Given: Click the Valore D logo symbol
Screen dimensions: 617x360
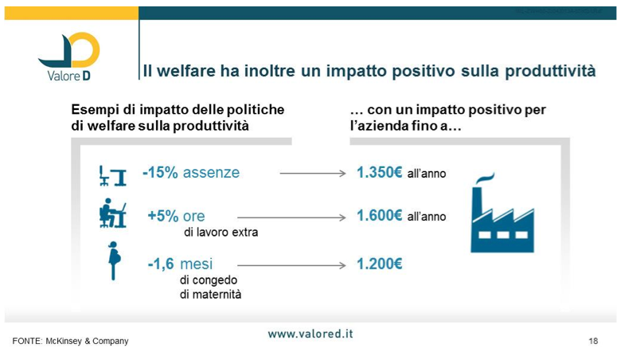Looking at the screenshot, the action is pos(69,49).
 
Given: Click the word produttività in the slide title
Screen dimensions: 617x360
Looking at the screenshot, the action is pos(550,72).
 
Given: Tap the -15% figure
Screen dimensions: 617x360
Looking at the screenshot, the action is pos(160,173).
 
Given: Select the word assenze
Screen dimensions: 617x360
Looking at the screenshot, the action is pos(211,173).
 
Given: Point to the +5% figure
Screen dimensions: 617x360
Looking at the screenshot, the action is pos(163,216).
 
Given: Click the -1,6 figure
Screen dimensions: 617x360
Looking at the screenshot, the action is pos(161,264).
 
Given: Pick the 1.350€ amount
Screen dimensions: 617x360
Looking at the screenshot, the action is pos(379,173).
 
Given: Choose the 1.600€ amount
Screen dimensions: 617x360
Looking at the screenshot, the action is pos(379,216).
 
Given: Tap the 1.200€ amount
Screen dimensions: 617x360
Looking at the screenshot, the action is pos(379,264).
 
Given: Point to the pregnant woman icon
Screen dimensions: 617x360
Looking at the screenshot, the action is pos(114,260).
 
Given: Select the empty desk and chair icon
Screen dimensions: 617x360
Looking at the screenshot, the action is pos(112,176).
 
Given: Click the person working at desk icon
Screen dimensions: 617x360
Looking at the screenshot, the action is pos(112,213).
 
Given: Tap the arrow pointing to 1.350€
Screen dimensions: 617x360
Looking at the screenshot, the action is pos(313,174).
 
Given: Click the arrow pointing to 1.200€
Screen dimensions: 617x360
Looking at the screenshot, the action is pos(291,265).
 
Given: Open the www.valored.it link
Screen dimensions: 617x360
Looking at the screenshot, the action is pos(310,334).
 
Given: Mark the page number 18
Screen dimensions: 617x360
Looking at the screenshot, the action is pos(593,341).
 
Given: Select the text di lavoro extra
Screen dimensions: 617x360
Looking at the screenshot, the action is pos(221,233).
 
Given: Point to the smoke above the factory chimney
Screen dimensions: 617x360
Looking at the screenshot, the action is pos(485,178).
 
